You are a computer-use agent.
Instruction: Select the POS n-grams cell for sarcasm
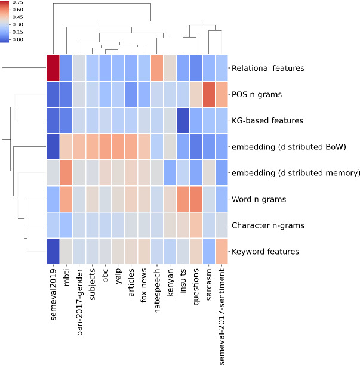tap(209, 94)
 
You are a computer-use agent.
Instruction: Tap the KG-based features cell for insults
tap(183, 120)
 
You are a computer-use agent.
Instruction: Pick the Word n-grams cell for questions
tap(196, 199)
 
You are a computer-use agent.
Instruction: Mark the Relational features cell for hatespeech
tap(157, 68)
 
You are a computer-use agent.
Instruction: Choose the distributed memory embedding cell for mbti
tap(66, 173)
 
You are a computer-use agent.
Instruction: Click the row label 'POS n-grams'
tap(257, 94)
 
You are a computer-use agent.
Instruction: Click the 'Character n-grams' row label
tap(269, 225)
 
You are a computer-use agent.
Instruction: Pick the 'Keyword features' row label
tap(265, 252)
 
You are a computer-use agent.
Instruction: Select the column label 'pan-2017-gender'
tap(79, 300)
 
